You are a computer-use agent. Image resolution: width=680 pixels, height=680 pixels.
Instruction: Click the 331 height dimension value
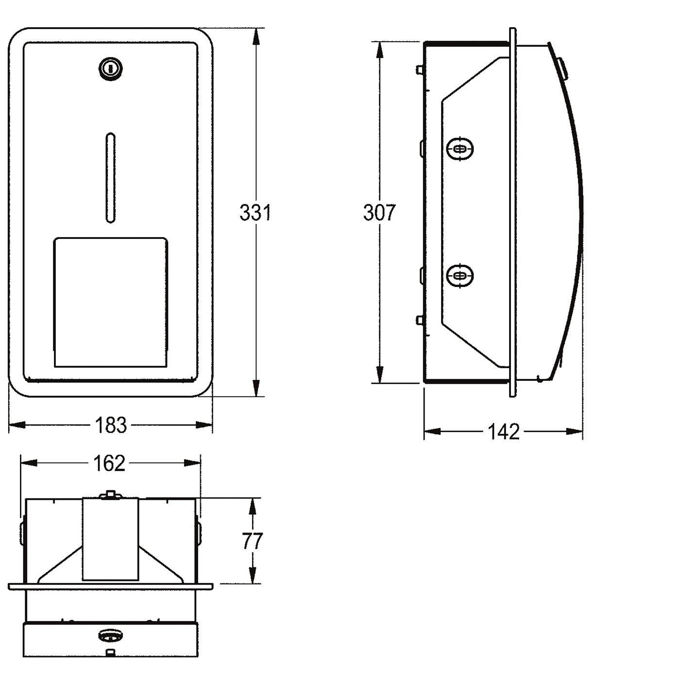[x=255, y=212]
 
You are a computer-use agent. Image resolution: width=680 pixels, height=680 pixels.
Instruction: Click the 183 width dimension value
[x=111, y=425]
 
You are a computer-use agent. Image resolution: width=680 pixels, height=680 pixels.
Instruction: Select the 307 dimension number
[x=379, y=212]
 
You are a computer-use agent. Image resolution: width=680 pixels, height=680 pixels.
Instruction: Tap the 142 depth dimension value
[x=504, y=431]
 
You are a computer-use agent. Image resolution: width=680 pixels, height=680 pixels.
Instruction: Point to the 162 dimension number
[x=109, y=463]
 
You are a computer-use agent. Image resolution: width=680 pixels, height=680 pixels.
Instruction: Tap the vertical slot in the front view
[x=110, y=178]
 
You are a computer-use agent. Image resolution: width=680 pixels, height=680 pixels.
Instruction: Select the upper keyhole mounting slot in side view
[x=460, y=149]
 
